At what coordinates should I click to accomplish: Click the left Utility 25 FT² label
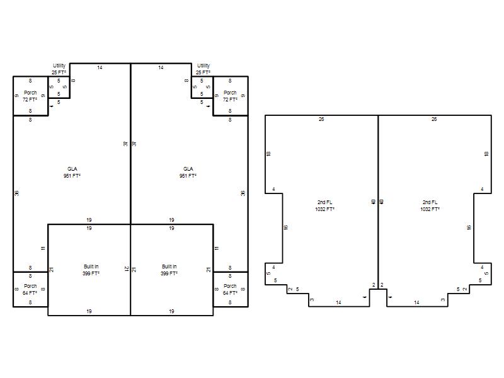[x=59, y=69]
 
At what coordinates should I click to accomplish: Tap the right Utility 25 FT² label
[x=203, y=69]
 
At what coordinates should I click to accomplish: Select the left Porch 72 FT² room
[x=30, y=96]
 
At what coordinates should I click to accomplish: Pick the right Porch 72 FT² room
[x=231, y=96]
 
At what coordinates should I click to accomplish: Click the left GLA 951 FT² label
[x=72, y=172]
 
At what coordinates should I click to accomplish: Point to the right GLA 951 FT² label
[x=188, y=172]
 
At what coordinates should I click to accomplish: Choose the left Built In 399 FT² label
[x=91, y=270]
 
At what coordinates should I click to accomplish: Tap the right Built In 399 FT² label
[x=169, y=270]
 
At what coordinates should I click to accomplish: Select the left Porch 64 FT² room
[x=30, y=289]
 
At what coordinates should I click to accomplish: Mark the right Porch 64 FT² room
[x=231, y=289]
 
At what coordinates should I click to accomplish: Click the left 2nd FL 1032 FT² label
[x=325, y=206]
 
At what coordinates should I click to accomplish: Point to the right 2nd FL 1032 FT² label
[x=430, y=206]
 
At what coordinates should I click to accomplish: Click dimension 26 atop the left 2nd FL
[x=321, y=119]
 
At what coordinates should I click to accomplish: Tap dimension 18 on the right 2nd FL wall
[x=486, y=154]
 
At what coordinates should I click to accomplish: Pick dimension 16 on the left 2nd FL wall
[x=286, y=227]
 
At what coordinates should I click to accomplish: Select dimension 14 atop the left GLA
[x=100, y=67]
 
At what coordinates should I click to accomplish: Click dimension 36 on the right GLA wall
[x=243, y=193]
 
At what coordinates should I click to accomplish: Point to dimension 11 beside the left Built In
[x=43, y=248]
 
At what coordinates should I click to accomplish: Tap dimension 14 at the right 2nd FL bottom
[x=416, y=302]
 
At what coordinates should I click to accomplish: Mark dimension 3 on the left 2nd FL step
[x=312, y=300]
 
